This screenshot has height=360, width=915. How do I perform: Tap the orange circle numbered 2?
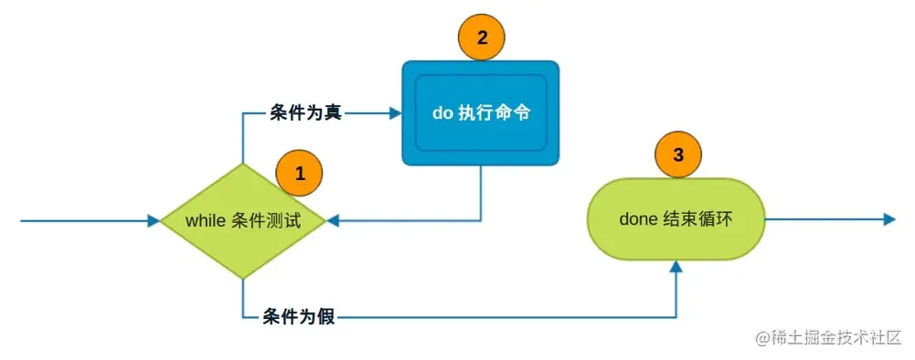(482, 37)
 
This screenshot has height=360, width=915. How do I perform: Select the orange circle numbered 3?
(677, 155)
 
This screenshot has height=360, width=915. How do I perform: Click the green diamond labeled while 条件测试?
(242, 221)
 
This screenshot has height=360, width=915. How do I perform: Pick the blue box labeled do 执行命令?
(481, 113)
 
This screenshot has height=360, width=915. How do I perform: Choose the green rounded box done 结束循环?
(676, 219)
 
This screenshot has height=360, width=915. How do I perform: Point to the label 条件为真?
(305, 113)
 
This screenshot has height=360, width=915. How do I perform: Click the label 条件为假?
(299, 317)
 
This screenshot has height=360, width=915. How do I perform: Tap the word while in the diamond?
(204, 221)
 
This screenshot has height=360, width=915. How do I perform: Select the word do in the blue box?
(442, 114)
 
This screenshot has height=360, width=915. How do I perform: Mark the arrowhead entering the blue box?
(396, 113)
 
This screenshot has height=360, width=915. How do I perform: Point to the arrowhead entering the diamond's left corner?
(154, 221)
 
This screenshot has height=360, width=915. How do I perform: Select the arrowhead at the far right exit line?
(888, 219)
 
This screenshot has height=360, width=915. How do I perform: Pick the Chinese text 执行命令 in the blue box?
(498, 114)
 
